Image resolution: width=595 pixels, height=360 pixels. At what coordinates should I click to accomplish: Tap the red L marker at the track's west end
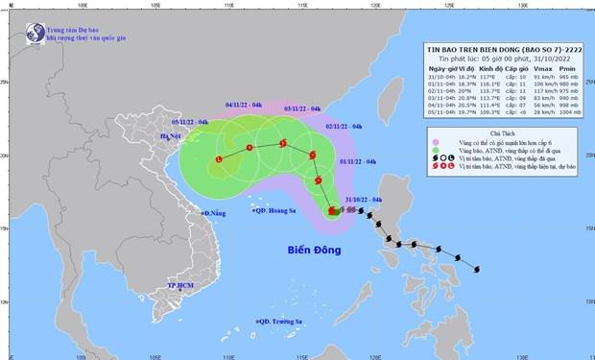pos(220,158)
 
